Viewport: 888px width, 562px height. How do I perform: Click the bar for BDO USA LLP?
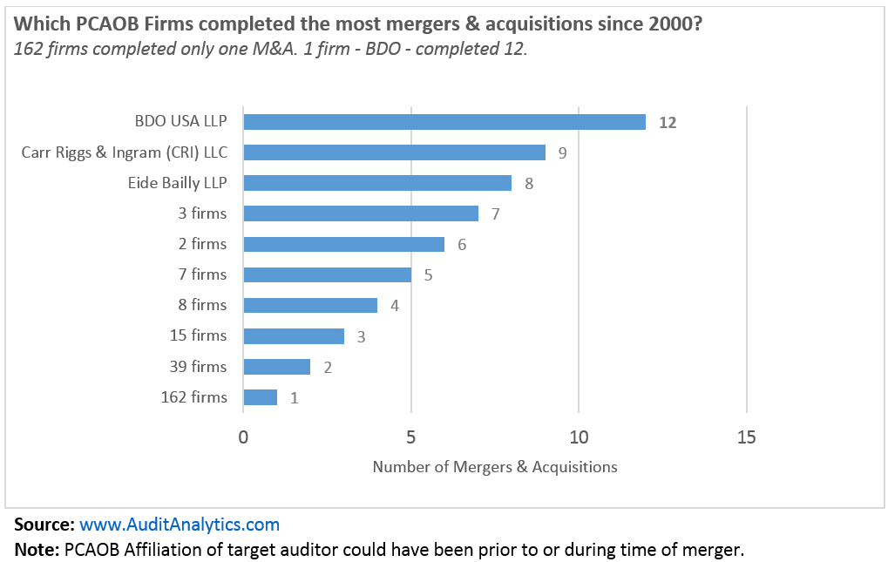click(x=444, y=122)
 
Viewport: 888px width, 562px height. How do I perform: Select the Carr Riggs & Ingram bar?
click(x=394, y=152)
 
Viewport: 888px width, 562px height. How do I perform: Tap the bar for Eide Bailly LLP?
click(x=377, y=183)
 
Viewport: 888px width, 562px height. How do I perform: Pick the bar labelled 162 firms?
click(x=260, y=397)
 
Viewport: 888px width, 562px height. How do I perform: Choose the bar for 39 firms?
click(x=276, y=367)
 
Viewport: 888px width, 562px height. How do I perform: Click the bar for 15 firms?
click(x=294, y=335)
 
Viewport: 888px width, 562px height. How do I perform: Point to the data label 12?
click(x=668, y=123)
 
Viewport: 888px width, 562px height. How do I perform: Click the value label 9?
click(x=563, y=153)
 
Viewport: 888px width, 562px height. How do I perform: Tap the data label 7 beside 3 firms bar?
click(x=496, y=214)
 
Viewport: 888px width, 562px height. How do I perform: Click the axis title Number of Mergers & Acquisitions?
click(x=495, y=467)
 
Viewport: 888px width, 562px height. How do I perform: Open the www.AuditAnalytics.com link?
click(x=180, y=525)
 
